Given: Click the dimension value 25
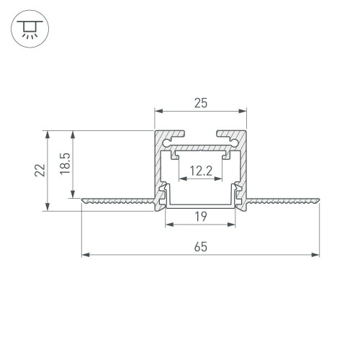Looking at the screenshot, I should [201, 104].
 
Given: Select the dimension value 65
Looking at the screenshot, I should [201, 247].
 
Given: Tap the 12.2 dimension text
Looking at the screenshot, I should [201, 172].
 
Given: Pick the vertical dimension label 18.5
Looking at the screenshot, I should [64, 164].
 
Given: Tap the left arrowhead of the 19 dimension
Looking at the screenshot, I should [170, 224].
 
